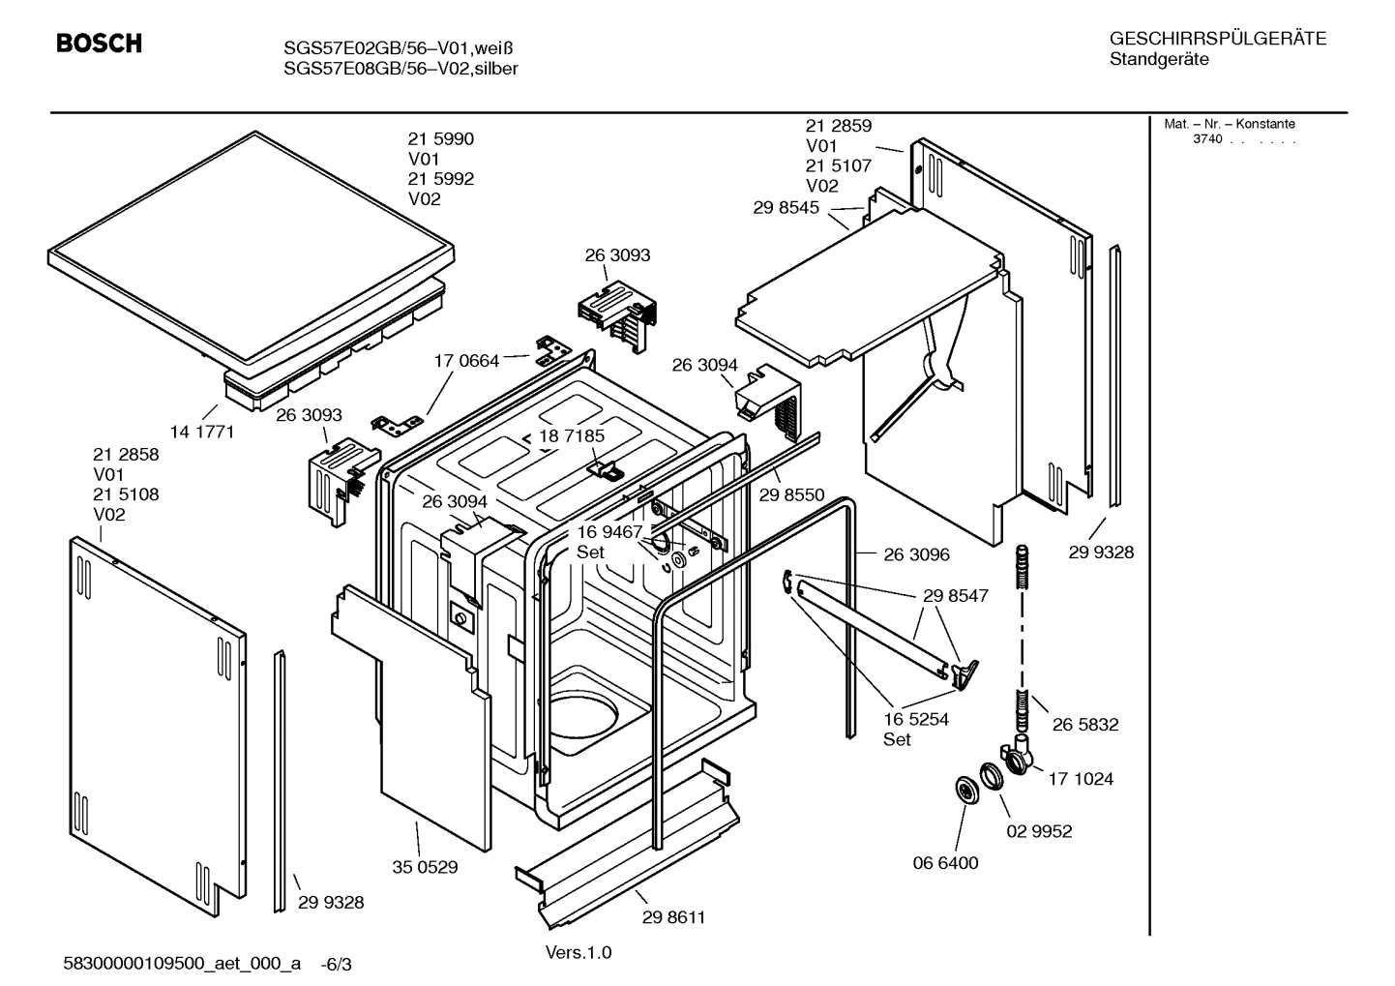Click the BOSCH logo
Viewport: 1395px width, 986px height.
pos(99,44)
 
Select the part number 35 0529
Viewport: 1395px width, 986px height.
pos(425,867)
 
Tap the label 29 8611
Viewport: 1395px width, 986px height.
pos(673,917)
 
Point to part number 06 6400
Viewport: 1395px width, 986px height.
pos(945,862)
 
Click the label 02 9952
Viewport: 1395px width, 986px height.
pos(1039,831)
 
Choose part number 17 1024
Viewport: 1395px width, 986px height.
pos(1081,778)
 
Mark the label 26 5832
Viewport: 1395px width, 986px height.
pos(1085,724)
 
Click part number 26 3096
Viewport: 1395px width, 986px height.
pos(916,554)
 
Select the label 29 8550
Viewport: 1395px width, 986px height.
pos(791,494)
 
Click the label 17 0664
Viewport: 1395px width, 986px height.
pos(466,361)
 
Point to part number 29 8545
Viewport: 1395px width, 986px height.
pos(786,207)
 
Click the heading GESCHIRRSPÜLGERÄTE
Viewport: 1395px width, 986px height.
pos(1217,39)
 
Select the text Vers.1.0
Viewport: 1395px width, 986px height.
pos(579,952)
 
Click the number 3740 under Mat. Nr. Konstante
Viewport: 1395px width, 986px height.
pos(1206,138)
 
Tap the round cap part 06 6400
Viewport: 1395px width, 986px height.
pos(965,790)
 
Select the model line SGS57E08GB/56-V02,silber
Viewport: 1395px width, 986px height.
pos(401,69)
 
